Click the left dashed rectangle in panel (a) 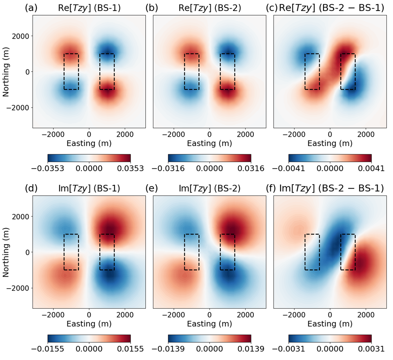pyautogui.click(x=71, y=72)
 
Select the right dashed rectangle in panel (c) pyautogui.click(x=348, y=72)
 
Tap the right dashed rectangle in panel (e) pyautogui.click(x=227, y=252)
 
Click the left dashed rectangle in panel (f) pyautogui.click(x=312, y=252)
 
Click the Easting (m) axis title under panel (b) pyautogui.click(x=209, y=143)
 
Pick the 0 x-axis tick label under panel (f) pyautogui.click(x=330, y=314)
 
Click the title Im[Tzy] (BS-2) pyautogui.click(x=209, y=188)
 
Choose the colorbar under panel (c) pyautogui.click(x=330, y=157)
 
